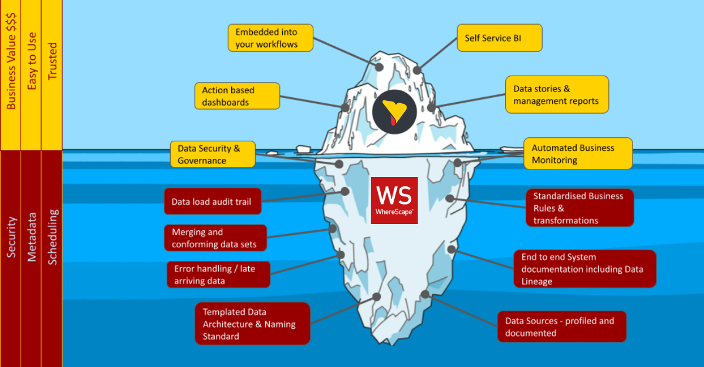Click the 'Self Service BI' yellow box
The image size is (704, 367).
tap(499, 38)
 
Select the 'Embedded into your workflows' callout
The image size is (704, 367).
tap(270, 38)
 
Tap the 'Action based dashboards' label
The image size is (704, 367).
tap(237, 96)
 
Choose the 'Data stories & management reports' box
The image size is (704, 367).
tap(557, 95)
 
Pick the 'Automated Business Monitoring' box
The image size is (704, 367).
tap(578, 154)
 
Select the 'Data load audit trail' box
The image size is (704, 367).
tap(212, 202)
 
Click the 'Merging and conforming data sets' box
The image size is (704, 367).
tap(215, 238)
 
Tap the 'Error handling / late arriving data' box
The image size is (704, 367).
tap(218, 274)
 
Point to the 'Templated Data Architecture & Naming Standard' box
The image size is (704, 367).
tap(252, 324)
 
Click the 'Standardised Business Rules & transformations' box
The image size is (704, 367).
tap(580, 208)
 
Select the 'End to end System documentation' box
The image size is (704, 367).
tap(584, 269)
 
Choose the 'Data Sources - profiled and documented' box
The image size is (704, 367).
tap(561, 327)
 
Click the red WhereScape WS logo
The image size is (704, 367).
tap(394, 201)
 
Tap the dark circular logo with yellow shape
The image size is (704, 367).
tap(394, 112)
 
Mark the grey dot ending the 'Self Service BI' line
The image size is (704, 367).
tap(417, 70)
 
